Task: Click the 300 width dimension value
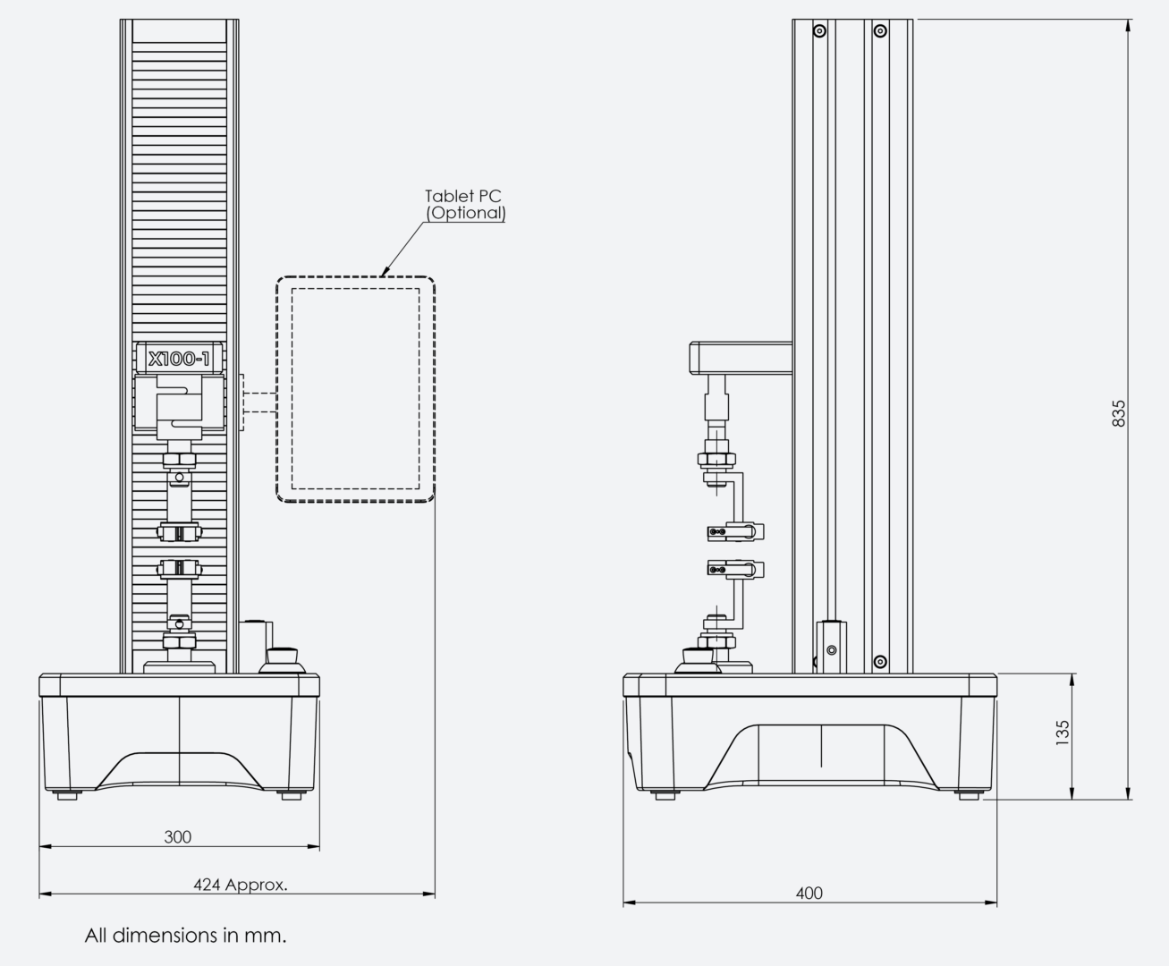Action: click(x=177, y=836)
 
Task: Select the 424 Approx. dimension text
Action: click(x=241, y=885)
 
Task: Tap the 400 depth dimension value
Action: click(x=809, y=894)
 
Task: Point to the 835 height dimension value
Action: click(x=1118, y=413)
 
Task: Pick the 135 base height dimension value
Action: click(x=1062, y=733)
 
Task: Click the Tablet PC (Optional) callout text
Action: click(x=465, y=205)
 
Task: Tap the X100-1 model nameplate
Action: click(x=179, y=359)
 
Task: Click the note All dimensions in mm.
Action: click(x=185, y=936)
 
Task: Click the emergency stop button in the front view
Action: click(x=282, y=661)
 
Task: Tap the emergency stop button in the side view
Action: click(x=698, y=661)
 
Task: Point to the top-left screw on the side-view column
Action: click(x=819, y=30)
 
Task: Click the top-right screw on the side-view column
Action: click(x=880, y=30)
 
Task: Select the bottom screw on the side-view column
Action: click(x=880, y=662)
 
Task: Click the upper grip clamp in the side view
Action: click(x=736, y=531)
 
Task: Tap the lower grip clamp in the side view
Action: click(x=736, y=570)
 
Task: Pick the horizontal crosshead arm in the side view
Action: click(x=741, y=358)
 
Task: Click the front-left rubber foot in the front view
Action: click(x=67, y=795)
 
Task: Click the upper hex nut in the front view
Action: click(x=179, y=461)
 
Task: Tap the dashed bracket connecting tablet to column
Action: click(x=259, y=402)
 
